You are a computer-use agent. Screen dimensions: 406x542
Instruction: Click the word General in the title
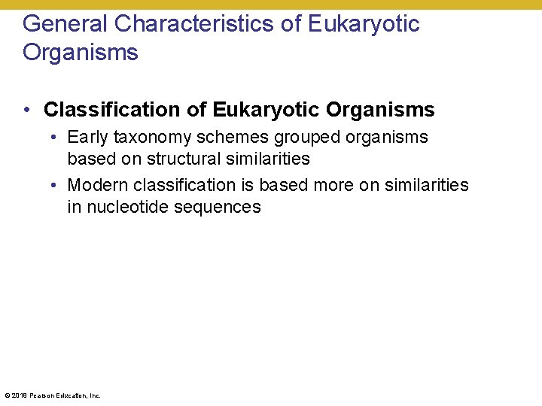click(x=65, y=24)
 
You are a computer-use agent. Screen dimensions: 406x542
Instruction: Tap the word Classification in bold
click(x=113, y=110)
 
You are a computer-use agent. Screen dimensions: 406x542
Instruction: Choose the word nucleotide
click(x=127, y=207)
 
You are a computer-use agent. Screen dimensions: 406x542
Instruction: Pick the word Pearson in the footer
click(x=42, y=395)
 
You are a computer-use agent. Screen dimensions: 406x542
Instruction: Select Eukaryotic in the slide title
click(x=364, y=24)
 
